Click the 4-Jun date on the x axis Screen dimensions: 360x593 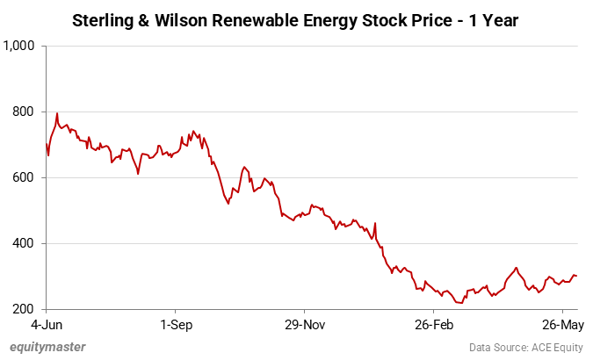click(x=46, y=324)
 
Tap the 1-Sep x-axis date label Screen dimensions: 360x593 click(x=175, y=324)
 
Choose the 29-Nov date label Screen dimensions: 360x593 click(x=304, y=324)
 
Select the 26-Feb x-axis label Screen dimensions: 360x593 click(x=433, y=324)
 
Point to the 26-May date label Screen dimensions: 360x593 click(x=559, y=324)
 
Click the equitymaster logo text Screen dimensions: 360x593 click(x=48, y=347)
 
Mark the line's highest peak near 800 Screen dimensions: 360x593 click(x=57, y=113)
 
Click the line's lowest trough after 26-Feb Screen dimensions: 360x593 click(x=460, y=303)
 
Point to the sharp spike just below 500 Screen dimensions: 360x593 click(x=375, y=223)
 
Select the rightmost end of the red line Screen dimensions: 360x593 click(x=576, y=276)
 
